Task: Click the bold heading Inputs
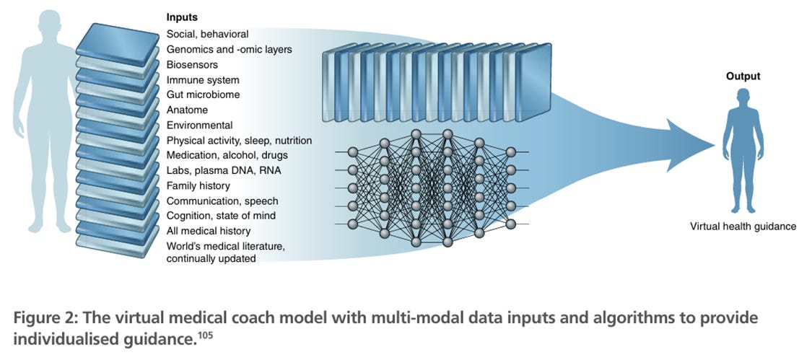click(x=182, y=17)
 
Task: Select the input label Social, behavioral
click(x=207, y=34)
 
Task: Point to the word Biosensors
click(x=192, y=64)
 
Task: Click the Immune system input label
click(x=203, y=79)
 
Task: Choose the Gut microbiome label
click(x=203, y=95)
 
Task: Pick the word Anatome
click(x=187, y=110)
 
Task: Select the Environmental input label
click(x=198, y=125)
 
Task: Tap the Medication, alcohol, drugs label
click(x=227, y=155)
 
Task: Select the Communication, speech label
click(x=222, y=201)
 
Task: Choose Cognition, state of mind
click(x=221, y=216)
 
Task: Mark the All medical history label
click(x=209, y=231)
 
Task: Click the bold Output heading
click(x=743, y=76)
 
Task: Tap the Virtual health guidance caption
click(x=742, y=226)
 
